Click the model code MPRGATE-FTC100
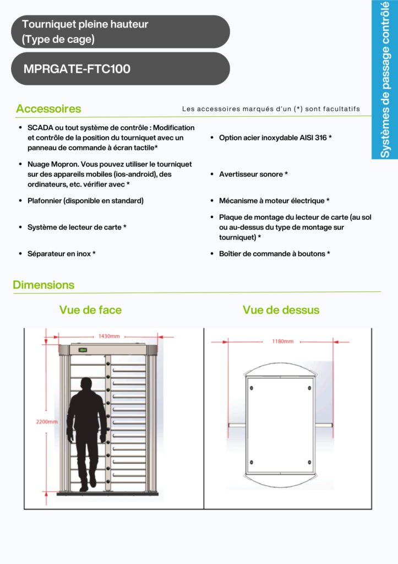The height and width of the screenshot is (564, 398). [x=77, y=69]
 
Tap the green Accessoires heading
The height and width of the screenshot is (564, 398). [x=48, y=109]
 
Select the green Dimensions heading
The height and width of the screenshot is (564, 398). [x=43, y=285]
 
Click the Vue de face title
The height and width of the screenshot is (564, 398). [x=90, y=310]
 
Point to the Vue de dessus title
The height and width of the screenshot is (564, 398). [x=281, y=310]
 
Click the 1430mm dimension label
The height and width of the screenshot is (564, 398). [x=108, y=336]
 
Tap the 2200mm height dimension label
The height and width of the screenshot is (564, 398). [x=47, y=422]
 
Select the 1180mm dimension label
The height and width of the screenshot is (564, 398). [x=283, y=341]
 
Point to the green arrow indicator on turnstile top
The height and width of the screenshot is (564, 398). [x=83, y=349]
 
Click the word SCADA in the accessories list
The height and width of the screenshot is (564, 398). [x=40, y=127]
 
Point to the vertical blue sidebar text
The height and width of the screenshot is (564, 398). [x=385, y=80]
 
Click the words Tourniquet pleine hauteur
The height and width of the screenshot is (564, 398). [x=85, y=24]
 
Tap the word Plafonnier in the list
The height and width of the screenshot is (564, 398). [x=45, y=201]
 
